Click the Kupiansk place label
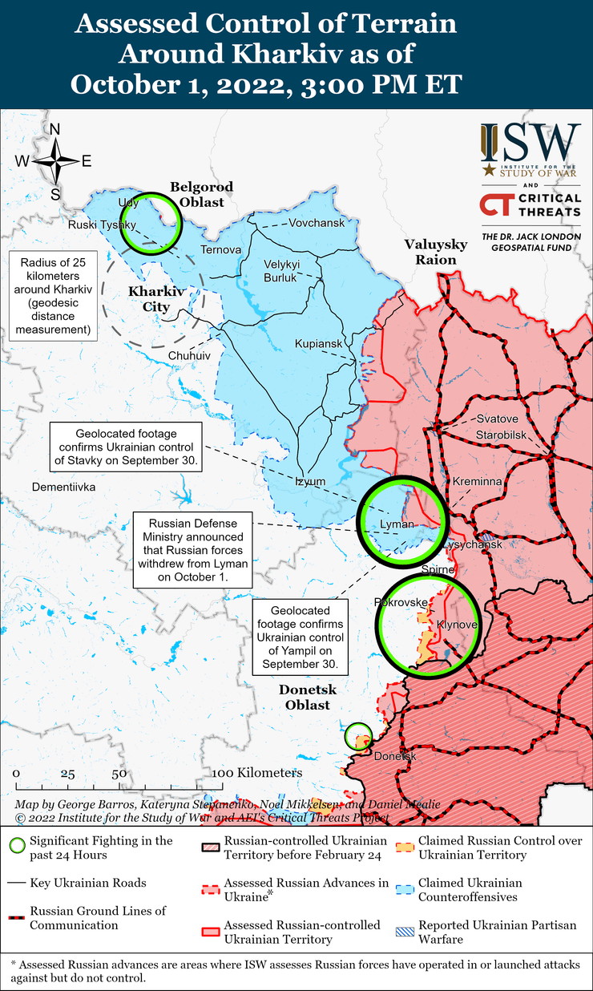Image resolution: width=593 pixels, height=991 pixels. (x=318, y=344)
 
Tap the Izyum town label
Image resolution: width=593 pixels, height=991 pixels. (x=310, y=481)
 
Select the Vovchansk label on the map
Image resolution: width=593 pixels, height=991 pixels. (x=317, y=222)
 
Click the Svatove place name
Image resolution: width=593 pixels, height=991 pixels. (x=497, y=419)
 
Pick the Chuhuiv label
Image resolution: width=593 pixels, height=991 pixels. (x=189, y=355)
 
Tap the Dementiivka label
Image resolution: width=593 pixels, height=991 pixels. (x=63, y=487)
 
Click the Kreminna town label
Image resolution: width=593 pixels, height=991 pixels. (x=477, y=481)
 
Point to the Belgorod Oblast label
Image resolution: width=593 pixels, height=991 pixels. (x=201, y=194)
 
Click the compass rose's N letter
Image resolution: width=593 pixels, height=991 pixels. (x=55, y=130)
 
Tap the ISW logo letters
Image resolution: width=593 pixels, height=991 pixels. (x=530, y=144)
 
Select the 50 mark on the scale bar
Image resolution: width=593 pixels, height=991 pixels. (x=119, y=774)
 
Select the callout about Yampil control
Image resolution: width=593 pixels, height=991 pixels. (x=301, y=638)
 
